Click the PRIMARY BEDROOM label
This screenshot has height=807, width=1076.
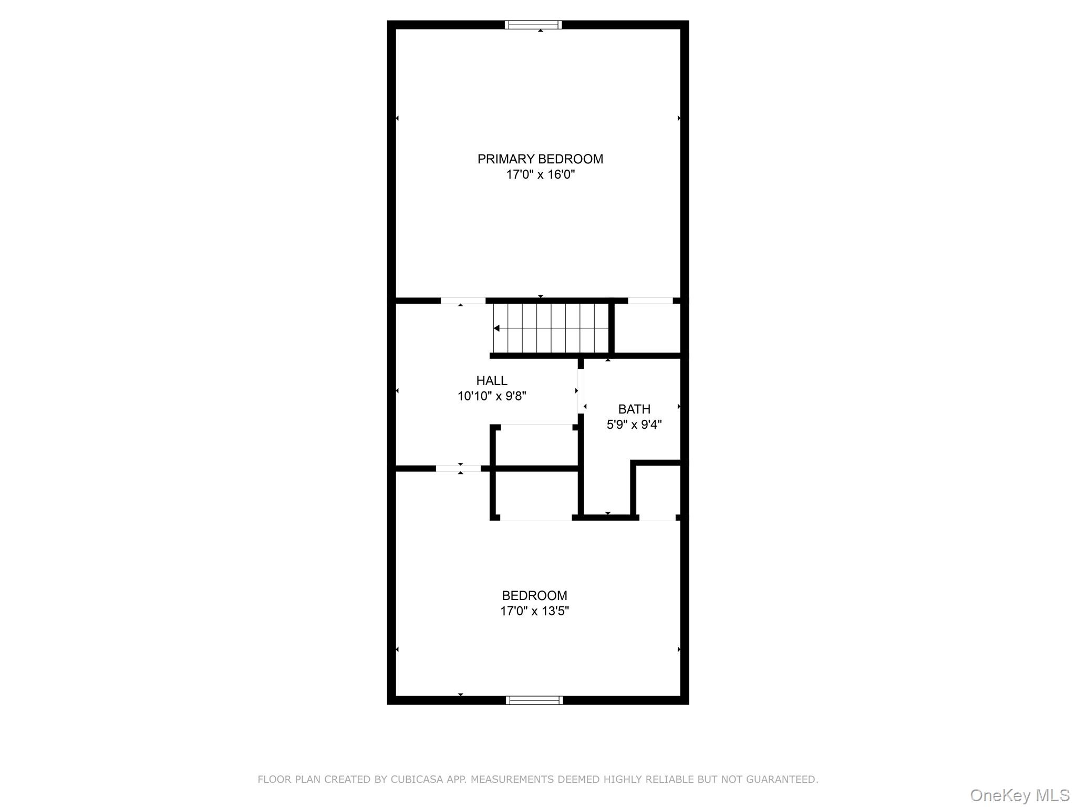[x=540, y=159]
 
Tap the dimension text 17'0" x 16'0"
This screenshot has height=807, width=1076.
[x=540, y=175]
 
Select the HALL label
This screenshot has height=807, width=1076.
[x=492, y=380]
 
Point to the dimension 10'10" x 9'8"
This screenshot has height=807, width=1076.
[x=492, y=396]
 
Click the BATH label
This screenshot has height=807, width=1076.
[x=634, y=409]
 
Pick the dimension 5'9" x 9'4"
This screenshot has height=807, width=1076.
[x=634, y=425]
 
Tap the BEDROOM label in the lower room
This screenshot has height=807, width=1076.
[x=534, y=595]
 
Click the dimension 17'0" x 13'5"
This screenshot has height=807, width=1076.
[x=534, y=611]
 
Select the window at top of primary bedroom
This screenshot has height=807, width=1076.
[x=533, y=25]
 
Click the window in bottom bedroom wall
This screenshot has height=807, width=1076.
[x=534, y=700]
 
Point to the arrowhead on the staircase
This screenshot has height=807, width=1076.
[x=496, y=328]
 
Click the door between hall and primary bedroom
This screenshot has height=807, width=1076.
[x=462, y=301]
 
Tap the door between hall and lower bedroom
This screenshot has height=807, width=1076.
[x=458, y=468]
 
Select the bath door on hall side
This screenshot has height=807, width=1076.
[x=581, y=391]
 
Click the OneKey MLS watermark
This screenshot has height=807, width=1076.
[x=1019, y=795]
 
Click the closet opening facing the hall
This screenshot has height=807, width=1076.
[x=536, y=425]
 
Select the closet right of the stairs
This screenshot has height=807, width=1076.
[x=647, y=328]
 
